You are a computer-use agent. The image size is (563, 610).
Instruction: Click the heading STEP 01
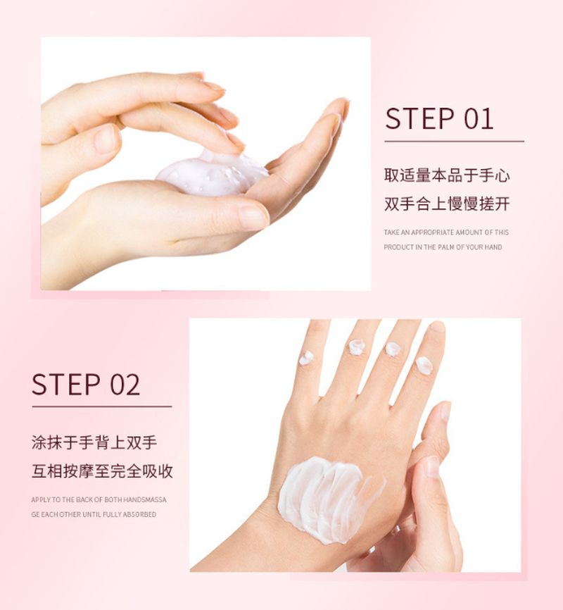439,118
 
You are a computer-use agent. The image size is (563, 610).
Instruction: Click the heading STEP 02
86,385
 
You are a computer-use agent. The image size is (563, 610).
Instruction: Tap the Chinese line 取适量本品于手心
447,175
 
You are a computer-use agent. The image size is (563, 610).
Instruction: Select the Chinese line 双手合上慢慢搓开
447,204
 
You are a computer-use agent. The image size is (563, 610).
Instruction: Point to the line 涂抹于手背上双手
94,443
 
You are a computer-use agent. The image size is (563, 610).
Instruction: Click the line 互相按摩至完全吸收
102,471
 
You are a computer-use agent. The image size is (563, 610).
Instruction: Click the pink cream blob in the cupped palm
212,174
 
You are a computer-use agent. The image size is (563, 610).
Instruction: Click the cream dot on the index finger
424,366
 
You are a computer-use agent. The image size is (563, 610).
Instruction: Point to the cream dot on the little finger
306,358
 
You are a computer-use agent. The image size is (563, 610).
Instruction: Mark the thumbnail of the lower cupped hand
253,217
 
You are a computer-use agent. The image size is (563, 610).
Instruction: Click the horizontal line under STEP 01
454,142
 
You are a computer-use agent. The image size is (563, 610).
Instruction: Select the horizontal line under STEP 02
102,407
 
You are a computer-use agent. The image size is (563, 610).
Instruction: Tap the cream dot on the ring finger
357,347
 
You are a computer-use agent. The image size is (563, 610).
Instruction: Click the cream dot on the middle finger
393,349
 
